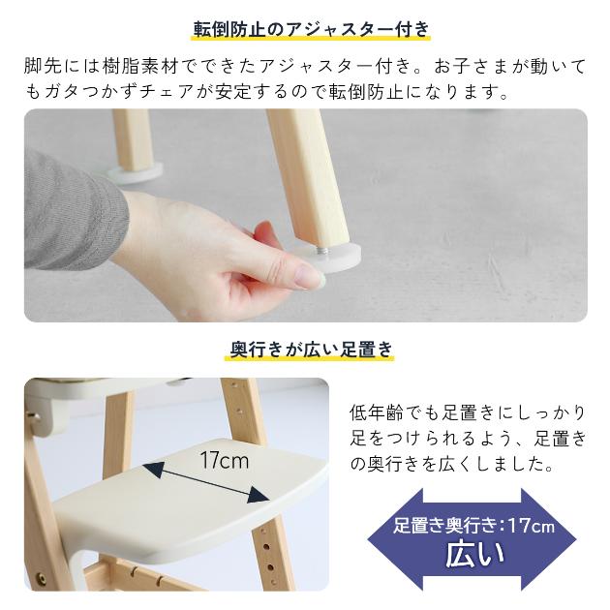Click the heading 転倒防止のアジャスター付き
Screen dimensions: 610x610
click(x=305, y=27)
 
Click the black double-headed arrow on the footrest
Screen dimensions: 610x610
click(x=205, y=481)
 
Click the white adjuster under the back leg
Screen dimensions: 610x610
click(x=135, y=170)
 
